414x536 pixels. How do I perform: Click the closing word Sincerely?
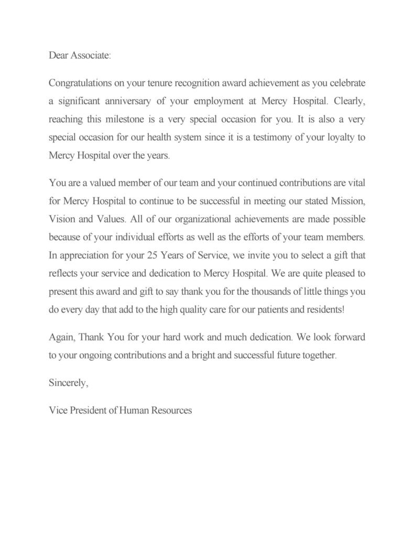69,382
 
